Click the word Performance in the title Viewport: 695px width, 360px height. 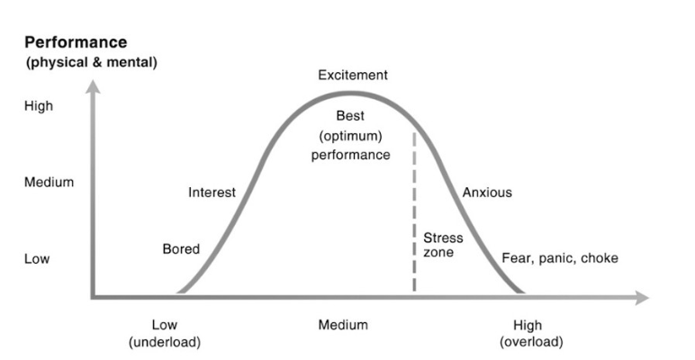coord(76,42)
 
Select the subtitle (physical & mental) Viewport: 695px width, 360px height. coord(91,62)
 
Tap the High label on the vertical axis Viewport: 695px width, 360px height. coord(39,105)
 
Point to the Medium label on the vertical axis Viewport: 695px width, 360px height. coord(49,182)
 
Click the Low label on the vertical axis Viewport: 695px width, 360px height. coord(37,259)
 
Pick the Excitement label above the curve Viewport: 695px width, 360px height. coord(353,75)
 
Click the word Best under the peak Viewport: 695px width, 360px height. coord(351,116)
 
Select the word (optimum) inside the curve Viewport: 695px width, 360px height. coord(351,135)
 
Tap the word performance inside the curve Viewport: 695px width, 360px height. coord(351,154)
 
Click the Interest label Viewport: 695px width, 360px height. coord(212,192)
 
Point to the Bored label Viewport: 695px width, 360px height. coord(181,248)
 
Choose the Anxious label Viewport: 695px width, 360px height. coord(487,192)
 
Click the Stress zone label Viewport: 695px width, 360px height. coord(443,245)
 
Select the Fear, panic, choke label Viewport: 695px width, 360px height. coord(560,259)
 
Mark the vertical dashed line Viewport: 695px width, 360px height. coord(414,216)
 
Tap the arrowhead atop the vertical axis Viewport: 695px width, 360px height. coord(92,86)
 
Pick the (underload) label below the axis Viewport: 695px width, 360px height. coord(165,342)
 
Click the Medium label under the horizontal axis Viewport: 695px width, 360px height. coord(342,324)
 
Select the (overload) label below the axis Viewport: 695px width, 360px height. coord(531,342)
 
